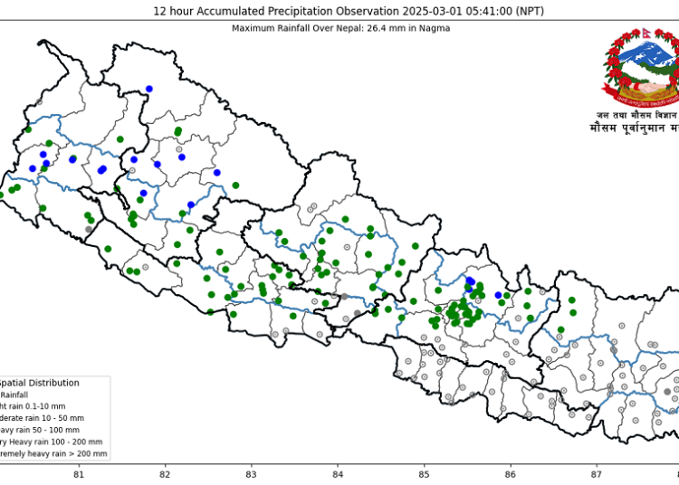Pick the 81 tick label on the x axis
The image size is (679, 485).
(79, 474)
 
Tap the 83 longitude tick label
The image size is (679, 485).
(252, 474)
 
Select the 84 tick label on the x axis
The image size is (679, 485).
(338, 474)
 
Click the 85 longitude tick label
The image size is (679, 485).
(425, 474)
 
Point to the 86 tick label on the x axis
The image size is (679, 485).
(511, 474)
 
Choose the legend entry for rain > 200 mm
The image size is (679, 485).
(53, 453)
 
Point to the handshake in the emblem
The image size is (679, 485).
(642, 90)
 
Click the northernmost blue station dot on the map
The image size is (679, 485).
(149, 89)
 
